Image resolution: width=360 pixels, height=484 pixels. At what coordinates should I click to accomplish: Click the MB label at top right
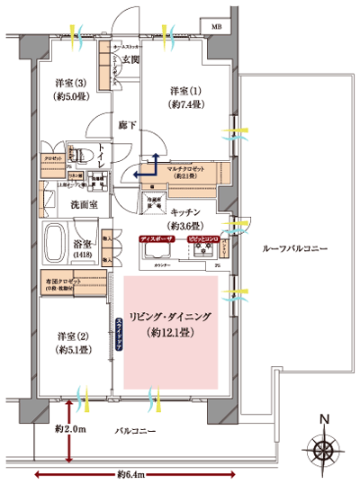coord(216,27)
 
